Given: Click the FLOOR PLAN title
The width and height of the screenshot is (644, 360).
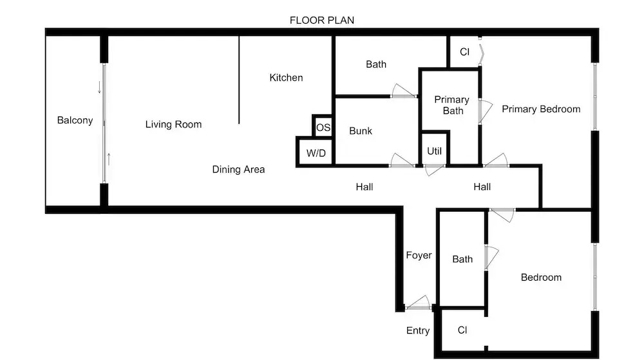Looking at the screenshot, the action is click(321, 20).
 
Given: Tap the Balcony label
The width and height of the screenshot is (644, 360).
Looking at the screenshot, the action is click(75, 120).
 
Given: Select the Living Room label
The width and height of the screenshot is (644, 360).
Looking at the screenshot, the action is click(173, 124).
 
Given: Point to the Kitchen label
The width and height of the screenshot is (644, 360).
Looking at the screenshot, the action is click(286, 77).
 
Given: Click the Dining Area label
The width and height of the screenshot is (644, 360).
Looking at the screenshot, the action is click(238, 169).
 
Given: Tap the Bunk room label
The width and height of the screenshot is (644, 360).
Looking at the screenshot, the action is click(360, 131).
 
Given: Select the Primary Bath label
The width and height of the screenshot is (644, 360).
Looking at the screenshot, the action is click(452, 105).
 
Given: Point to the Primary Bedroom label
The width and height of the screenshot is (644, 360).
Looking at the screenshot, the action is click(541, 109).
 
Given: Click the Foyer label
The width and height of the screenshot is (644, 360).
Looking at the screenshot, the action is click(419, 255).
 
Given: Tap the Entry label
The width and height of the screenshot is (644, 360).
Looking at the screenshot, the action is click(418, 330).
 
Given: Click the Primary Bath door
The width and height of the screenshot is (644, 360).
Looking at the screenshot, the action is click(485, 111).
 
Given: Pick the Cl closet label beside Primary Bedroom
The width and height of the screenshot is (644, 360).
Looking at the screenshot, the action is click(464, 52).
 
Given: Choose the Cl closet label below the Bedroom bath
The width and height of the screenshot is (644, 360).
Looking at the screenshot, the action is click(462, 330).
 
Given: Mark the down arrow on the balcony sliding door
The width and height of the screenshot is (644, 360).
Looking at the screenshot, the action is click(99, 87).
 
